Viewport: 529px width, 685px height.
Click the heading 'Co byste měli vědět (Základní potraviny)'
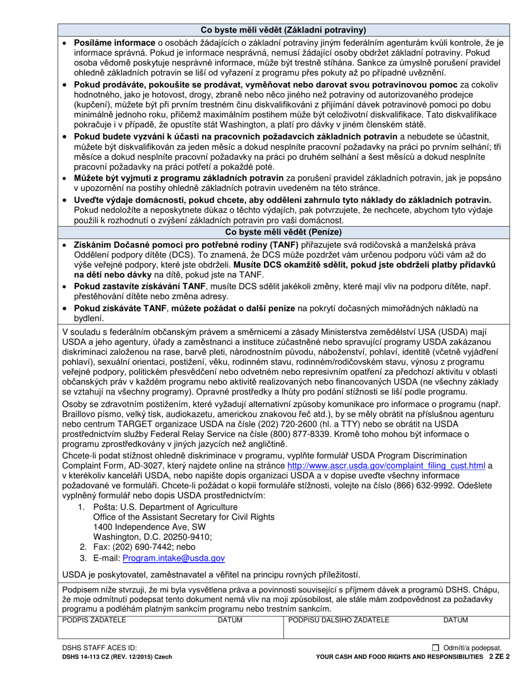click(x=283, y=30)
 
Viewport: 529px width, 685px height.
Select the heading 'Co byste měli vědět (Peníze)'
click(x=283, y=232)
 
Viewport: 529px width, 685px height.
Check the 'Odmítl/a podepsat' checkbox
click(x=435, y=648)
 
